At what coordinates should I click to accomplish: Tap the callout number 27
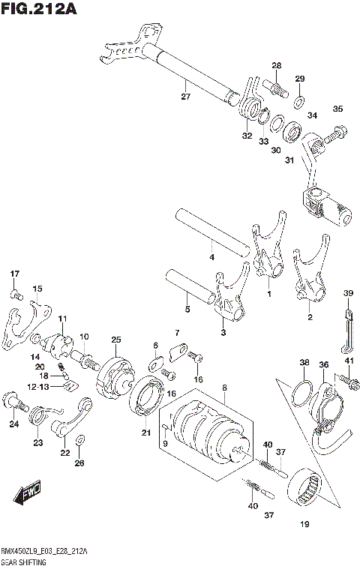185,96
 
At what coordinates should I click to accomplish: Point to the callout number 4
212,258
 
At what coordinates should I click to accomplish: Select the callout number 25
115,340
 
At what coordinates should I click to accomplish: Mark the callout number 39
348,292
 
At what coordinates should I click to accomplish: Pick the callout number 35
337,109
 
